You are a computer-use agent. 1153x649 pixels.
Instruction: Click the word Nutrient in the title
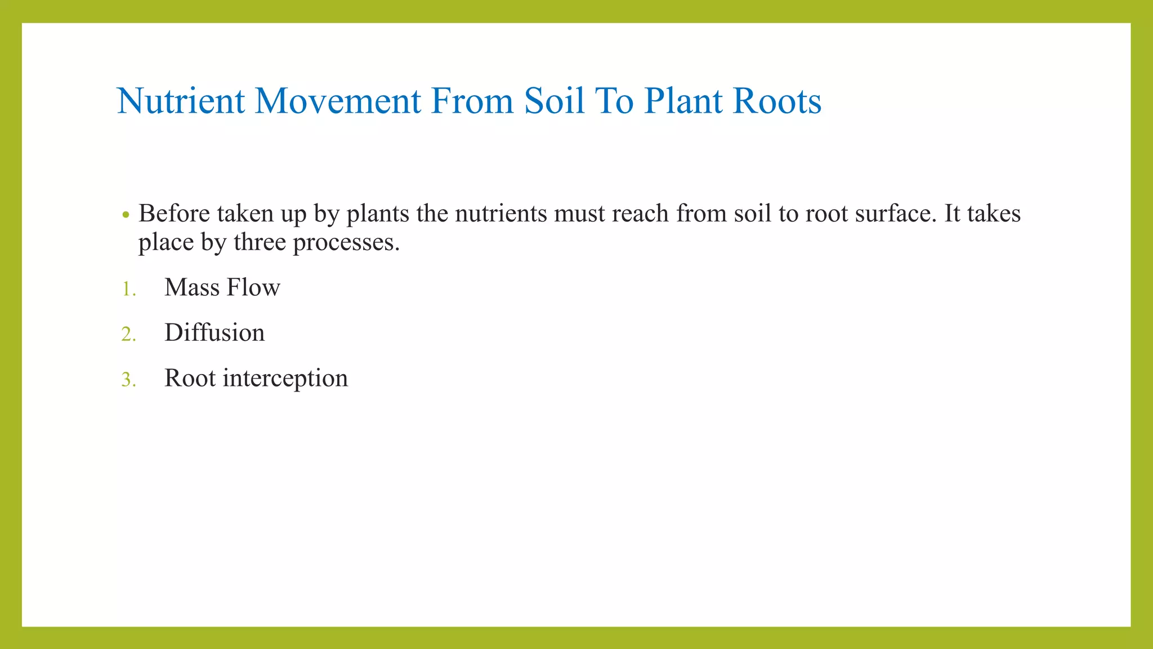181,101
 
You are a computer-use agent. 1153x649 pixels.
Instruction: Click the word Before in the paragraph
174,214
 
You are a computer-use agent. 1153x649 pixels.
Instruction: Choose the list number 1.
129,290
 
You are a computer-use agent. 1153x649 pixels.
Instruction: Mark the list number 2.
129,335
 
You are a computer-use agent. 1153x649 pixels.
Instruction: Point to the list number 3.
129,380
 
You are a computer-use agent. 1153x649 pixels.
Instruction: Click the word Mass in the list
192,287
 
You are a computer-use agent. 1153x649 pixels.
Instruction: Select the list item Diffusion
214,332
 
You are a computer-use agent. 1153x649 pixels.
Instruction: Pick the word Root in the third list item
190,378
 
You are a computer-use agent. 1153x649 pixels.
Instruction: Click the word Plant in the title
683,101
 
